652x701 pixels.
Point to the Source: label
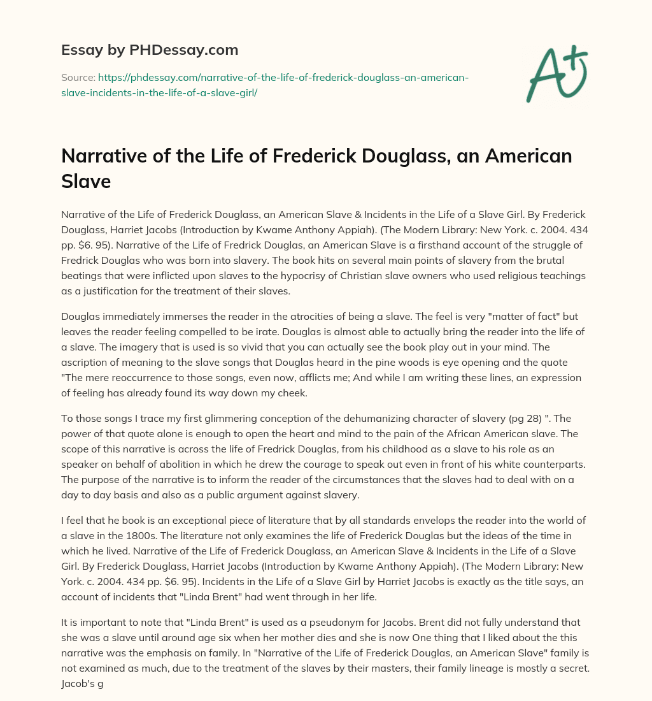click(78, 78)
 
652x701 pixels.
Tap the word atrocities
click(306, 317)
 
